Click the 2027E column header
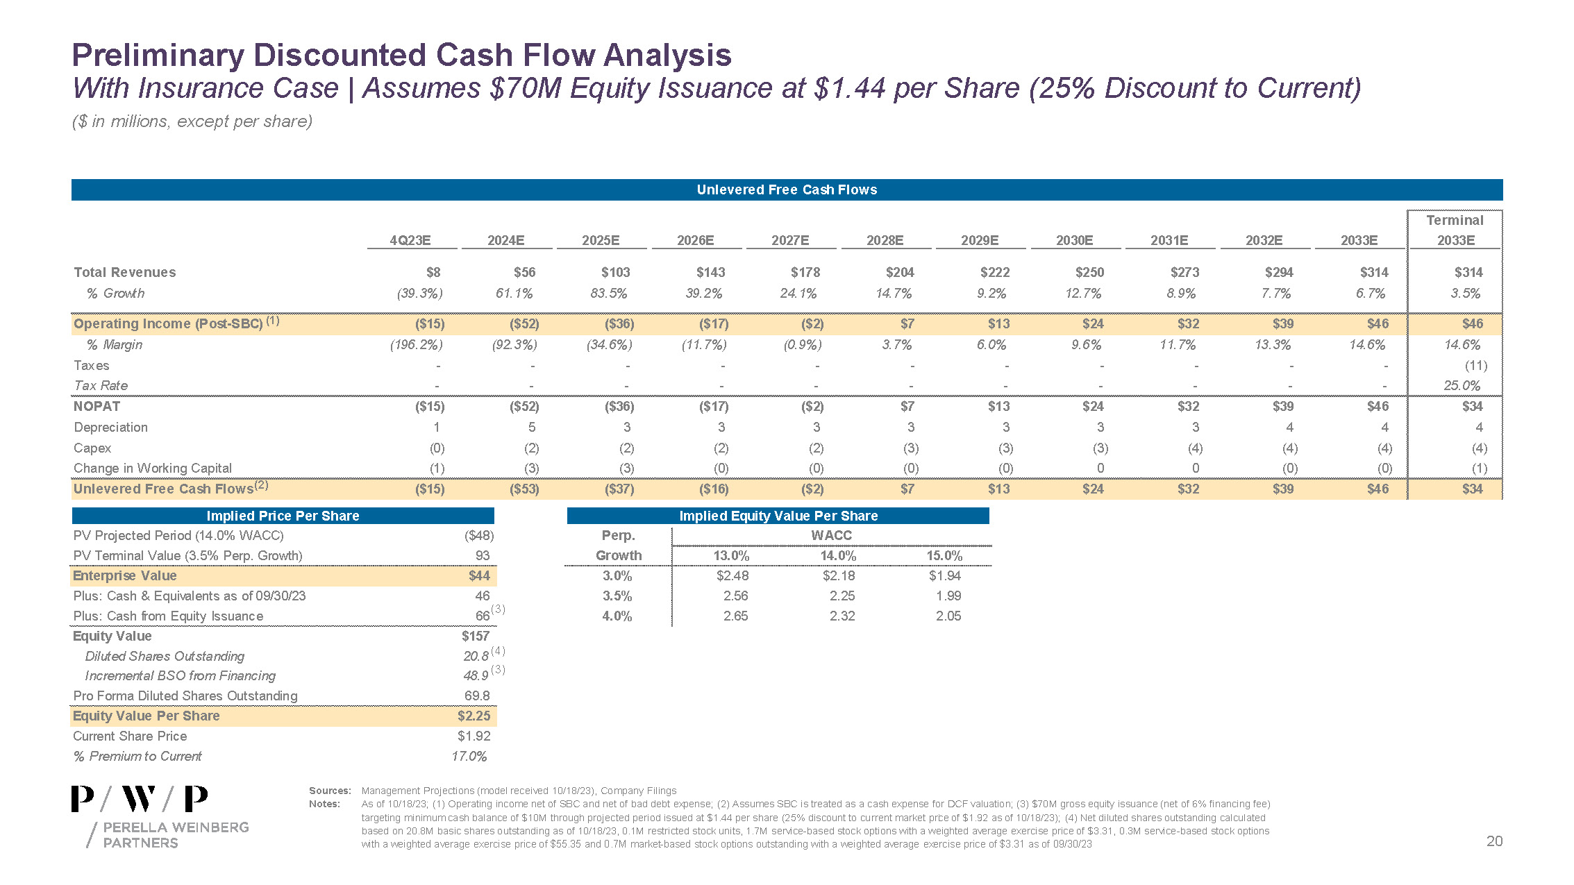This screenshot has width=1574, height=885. (x=790, y=240)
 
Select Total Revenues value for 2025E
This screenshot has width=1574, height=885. (x=616, y=272)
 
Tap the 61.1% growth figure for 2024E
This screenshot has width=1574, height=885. (x=514, y=293)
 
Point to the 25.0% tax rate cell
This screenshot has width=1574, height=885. (x=1462, y=385)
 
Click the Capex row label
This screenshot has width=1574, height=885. (x=92, y=448)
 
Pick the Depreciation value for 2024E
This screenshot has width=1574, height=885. (x=531, y=427)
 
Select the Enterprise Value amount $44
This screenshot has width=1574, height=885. (x=479, y=575)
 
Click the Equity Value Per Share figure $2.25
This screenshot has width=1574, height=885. (x=474, y=716)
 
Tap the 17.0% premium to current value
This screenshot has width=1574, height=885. (x=469, y=756)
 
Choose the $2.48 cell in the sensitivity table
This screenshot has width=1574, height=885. (x=732, y=575)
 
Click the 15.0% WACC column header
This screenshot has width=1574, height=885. (x=944, y=555)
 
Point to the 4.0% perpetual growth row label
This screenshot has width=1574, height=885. (x=617, y=616)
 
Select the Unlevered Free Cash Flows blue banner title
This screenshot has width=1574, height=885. (x=787, y=189)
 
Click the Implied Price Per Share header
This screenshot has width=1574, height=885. (x=283, y=516)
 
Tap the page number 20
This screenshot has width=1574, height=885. (x=1494, y=841)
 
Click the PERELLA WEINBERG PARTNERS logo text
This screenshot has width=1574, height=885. (x=175, y=834)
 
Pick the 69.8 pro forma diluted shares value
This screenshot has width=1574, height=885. (x=477, y=696)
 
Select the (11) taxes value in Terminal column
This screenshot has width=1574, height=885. (x=1475, y=365)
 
